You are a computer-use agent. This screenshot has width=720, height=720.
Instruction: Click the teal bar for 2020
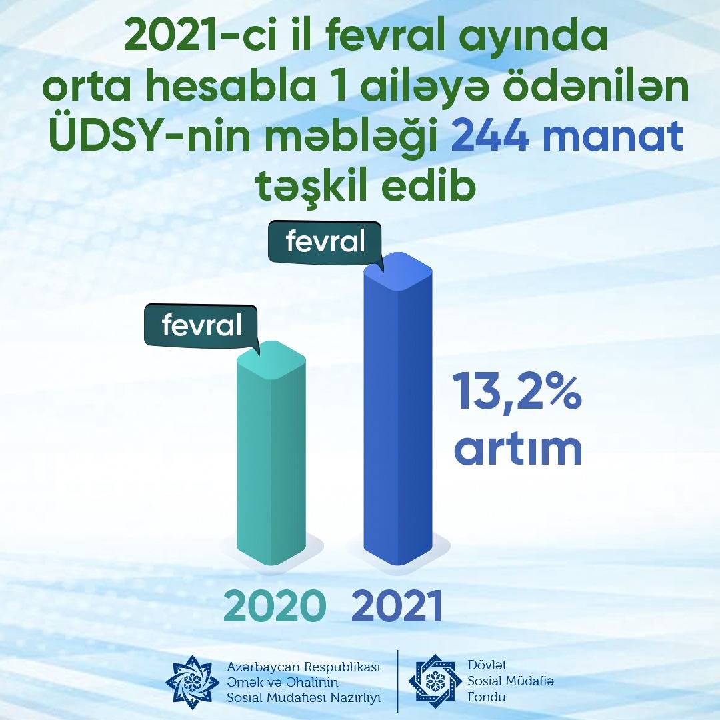click(x=271, y=454)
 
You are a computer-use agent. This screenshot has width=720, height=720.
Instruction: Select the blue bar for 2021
click(x=398, y=409)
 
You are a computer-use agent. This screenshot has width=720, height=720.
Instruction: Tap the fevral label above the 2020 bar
click(x=201, y=325)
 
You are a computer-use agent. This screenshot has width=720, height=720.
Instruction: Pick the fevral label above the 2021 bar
click(x=325, y=241)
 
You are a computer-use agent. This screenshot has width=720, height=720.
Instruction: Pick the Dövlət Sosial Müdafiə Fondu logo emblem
click(x=435, y=681)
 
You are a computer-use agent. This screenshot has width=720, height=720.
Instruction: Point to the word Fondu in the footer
click(x=487, y=697)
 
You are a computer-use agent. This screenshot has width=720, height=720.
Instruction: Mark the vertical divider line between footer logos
click(x=397, y=681)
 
